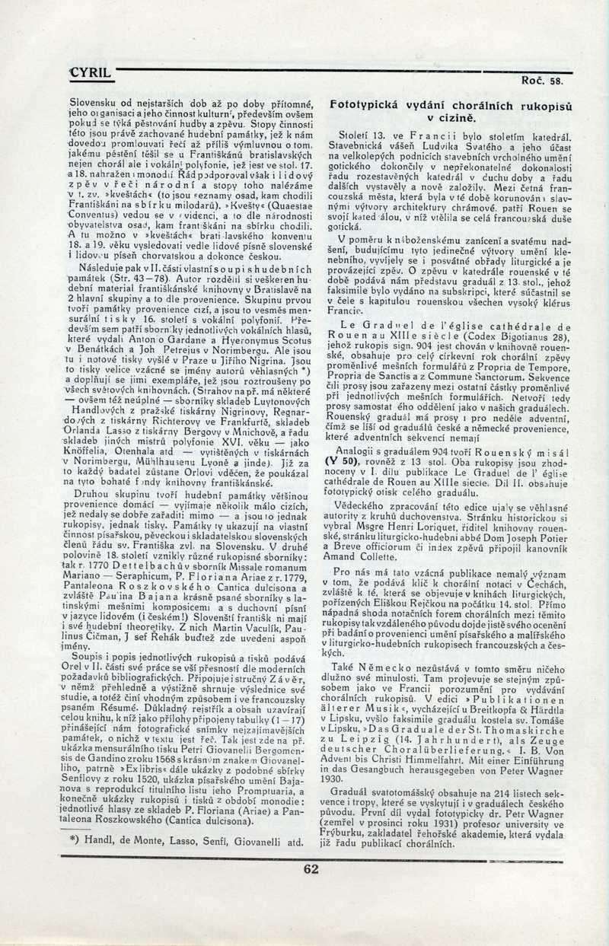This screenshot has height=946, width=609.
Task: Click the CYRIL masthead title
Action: (x=91, y=74)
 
